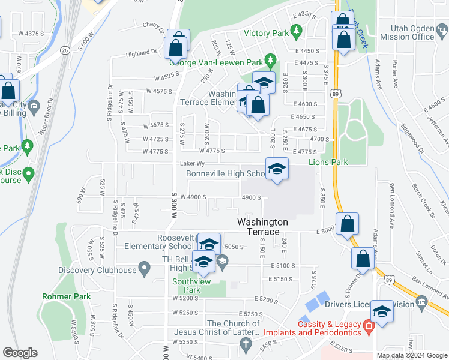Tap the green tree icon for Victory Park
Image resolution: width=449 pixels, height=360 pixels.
click(295, 29)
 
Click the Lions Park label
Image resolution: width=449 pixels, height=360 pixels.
click(328, 162)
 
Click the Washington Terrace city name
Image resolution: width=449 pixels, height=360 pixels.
click(262, 227)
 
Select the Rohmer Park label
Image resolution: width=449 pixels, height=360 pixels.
click(65, 296)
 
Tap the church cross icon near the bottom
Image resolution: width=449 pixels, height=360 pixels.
click(244, 344)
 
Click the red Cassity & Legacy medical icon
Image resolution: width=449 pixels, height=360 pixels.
click(369, 325)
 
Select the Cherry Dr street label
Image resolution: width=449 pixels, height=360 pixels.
click(153, 25)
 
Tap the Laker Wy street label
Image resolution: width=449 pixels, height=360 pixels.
click(192, 163)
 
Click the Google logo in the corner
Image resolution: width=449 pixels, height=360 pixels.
click(20, 353)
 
